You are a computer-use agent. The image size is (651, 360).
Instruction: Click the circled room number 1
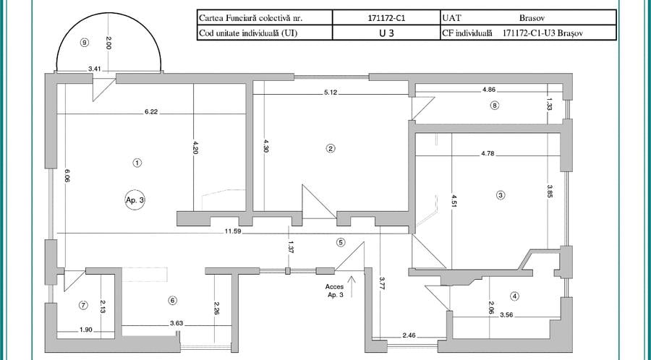tap(137, 163)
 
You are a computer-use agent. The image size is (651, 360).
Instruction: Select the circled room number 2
tap(331, 148)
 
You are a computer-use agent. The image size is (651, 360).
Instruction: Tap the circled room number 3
tap(500, 194)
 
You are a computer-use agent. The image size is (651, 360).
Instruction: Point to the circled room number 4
tap(514, 295)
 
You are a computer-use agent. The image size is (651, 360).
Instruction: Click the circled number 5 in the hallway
tap(341, 242)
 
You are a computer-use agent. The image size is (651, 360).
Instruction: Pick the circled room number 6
tap(172, 300)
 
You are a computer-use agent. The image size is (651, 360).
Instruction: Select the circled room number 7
tap(83, 305)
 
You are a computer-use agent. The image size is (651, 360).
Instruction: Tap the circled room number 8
tap(495, 105)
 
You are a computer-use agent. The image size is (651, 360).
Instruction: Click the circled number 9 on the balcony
tap(85, 43)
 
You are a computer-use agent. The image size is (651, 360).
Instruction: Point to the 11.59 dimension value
tap(233, 230)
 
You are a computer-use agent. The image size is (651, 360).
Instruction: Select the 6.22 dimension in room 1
tap(151, 111)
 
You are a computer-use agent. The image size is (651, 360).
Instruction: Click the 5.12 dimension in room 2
tap(331, 92)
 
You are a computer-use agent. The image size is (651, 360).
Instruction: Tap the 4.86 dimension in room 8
tap(490, 90)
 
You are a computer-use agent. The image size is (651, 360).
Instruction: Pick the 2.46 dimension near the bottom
tap(409, 335)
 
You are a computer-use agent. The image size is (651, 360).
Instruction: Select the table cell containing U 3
tap(385, 33)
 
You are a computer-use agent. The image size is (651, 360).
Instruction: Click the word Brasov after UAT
tap(533, 17)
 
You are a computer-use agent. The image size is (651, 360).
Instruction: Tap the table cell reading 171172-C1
tap(385, 17)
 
